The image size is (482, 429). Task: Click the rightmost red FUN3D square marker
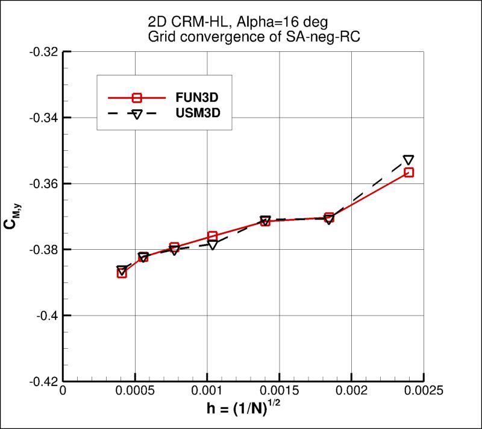pos(409,172)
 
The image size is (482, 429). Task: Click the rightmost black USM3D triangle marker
pos(408,160)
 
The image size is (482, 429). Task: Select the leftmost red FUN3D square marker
pos(122,273)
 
